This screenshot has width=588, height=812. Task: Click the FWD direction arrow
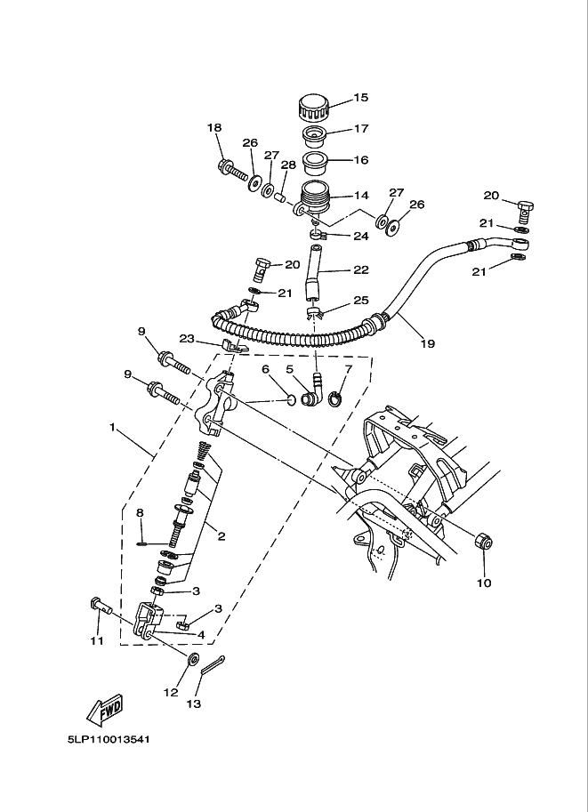point(104,709)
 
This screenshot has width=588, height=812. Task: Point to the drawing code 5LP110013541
point(109,738)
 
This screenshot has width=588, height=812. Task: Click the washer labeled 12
point(191,659)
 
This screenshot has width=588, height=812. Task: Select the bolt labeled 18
point(230,168)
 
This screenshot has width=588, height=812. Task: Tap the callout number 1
point(113,428)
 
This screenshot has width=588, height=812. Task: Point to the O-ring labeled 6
point(290,399)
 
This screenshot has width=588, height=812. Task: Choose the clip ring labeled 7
point(336,397)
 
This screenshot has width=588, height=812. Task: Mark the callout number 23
point(186,338)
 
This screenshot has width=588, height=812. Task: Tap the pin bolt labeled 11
point(100,607)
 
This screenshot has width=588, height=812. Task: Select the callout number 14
point(360,195)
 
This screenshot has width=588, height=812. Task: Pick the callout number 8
point(140,512)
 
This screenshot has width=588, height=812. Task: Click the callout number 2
point(221,535)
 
